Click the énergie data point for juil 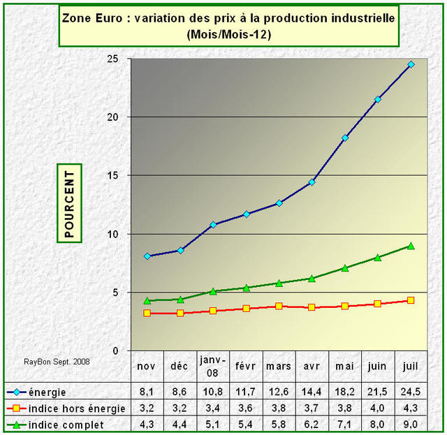[x=411, y=64]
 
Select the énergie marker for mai [x=345, y=138]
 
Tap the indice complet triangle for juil [x=411, y=246]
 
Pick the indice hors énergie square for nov [x=147, y=313]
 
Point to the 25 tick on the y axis [x=111, y=59]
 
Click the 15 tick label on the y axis [x=111, y=175]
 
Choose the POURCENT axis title [x=69, y=203]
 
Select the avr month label [x=312, y=366]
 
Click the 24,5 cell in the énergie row [x=411, y=392]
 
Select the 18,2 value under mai [x=345, y=392]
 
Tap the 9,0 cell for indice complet [x=411, y=424]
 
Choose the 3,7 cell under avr [x=312, y=408]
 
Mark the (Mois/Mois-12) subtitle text [x=228, y=34]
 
